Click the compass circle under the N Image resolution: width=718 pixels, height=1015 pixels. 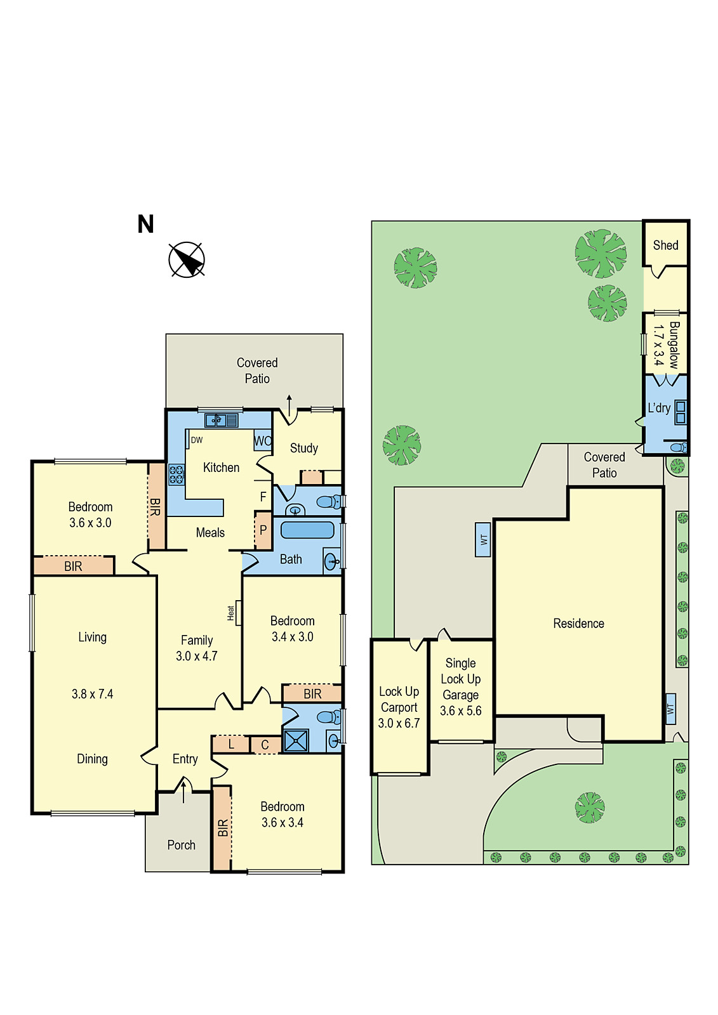pyautogui.click(x=187, y=260)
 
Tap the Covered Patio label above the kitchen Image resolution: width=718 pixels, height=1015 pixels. pyautogui.click(x=257, y=370)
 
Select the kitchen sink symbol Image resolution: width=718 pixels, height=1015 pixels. pyautogui.click(x=221, y=420)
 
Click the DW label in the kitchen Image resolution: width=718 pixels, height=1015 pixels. pyautogui.click(x=197, y=440)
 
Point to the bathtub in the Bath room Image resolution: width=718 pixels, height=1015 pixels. pyautogui.click(x=307, y=530)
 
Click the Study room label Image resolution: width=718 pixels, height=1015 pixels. pyautogui.click(x=303, y=448)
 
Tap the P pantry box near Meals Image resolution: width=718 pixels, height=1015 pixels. pyautogui.click(x=263, y=530)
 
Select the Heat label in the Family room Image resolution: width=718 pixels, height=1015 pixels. pyautogui.click(x=231, y=613)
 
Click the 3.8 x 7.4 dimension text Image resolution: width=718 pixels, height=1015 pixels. pyautogui.click(x=92, y=694)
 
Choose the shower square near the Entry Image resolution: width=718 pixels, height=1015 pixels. pyautogui.click(x=296, y=741)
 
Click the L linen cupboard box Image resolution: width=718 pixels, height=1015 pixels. pyautogui.click(x=230, y=744)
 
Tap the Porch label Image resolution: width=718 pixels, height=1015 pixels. pyautogui.click(x=181, y=845)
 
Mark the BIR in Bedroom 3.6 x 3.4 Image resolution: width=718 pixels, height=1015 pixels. pyautogui.click(x=222, y=828)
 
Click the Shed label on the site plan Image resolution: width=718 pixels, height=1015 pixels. pyautogui.click(x=665, y=246)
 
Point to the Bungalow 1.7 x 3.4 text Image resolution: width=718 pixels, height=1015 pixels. pyautogui.click(x=666, y=344)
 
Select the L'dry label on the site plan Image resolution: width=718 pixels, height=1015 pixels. pyautogui.click(x=659, y=408)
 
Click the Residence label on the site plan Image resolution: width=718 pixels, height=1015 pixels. pyautogui.click(x=578, y=624)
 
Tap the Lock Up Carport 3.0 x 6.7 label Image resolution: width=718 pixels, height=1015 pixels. pyautogui.click(x=399, y=707)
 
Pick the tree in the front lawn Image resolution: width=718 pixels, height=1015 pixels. pyautogui.click(x=590, y=808)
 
